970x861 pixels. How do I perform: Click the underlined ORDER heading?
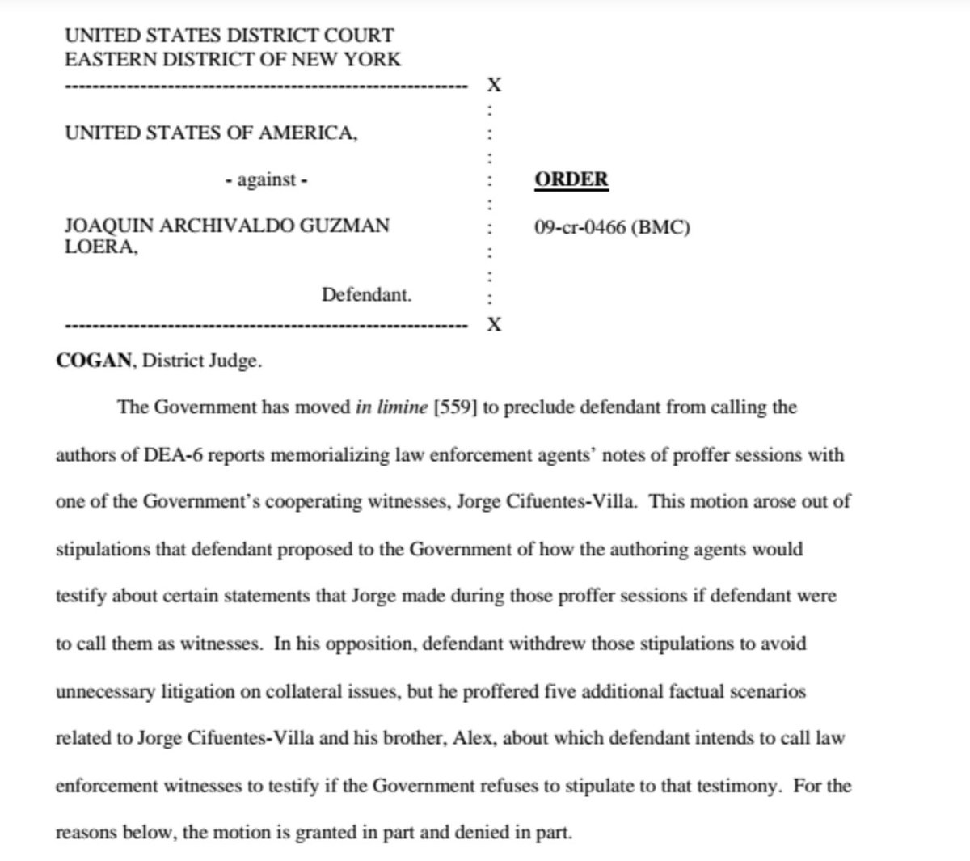pos(571,179)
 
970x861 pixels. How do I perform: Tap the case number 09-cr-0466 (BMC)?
pos(612,228)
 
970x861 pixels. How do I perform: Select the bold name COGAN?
pos(94,361)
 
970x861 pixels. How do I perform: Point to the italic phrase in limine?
pos(391,407)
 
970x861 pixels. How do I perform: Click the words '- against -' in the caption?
pos(266,179)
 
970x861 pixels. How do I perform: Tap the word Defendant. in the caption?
pos(366,294)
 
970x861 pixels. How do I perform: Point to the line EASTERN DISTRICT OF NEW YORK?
pos(233,59)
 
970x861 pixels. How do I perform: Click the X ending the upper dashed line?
pos(494,85)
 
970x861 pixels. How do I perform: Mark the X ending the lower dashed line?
pos(494,325)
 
